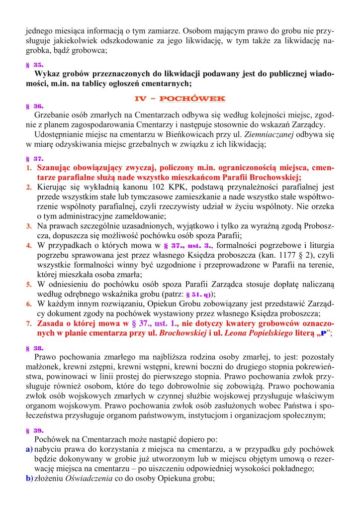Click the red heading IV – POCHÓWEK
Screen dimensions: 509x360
point(180,99)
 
